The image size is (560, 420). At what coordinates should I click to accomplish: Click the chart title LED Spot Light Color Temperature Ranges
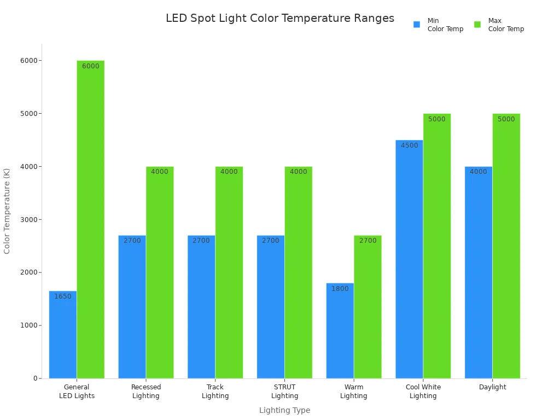(279, 19)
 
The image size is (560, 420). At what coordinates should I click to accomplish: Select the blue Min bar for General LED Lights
(63, 335)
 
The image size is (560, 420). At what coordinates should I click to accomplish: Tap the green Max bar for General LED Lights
(90, 219)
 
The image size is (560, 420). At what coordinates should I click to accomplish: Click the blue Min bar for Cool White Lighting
(409, 259)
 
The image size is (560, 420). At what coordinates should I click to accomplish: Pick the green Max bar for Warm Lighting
(367, 307)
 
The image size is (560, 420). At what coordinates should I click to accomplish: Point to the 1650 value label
(63, 296)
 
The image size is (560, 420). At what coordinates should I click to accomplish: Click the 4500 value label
(409, 145)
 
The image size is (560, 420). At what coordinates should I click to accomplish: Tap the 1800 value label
(340, 289)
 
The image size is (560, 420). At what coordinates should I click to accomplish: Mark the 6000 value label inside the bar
(91, 66)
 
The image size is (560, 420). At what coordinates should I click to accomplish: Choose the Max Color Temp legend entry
(499, 25)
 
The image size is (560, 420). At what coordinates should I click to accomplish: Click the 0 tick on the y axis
(35, 378)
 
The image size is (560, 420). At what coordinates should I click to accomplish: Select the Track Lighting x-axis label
(215, 392)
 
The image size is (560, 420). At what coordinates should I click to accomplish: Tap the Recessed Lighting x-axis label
(146, 392)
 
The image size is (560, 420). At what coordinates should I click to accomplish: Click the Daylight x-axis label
(492, 387)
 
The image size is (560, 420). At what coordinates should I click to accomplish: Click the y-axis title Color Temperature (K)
(7, 211)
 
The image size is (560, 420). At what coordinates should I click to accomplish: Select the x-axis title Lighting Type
(284, 410)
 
